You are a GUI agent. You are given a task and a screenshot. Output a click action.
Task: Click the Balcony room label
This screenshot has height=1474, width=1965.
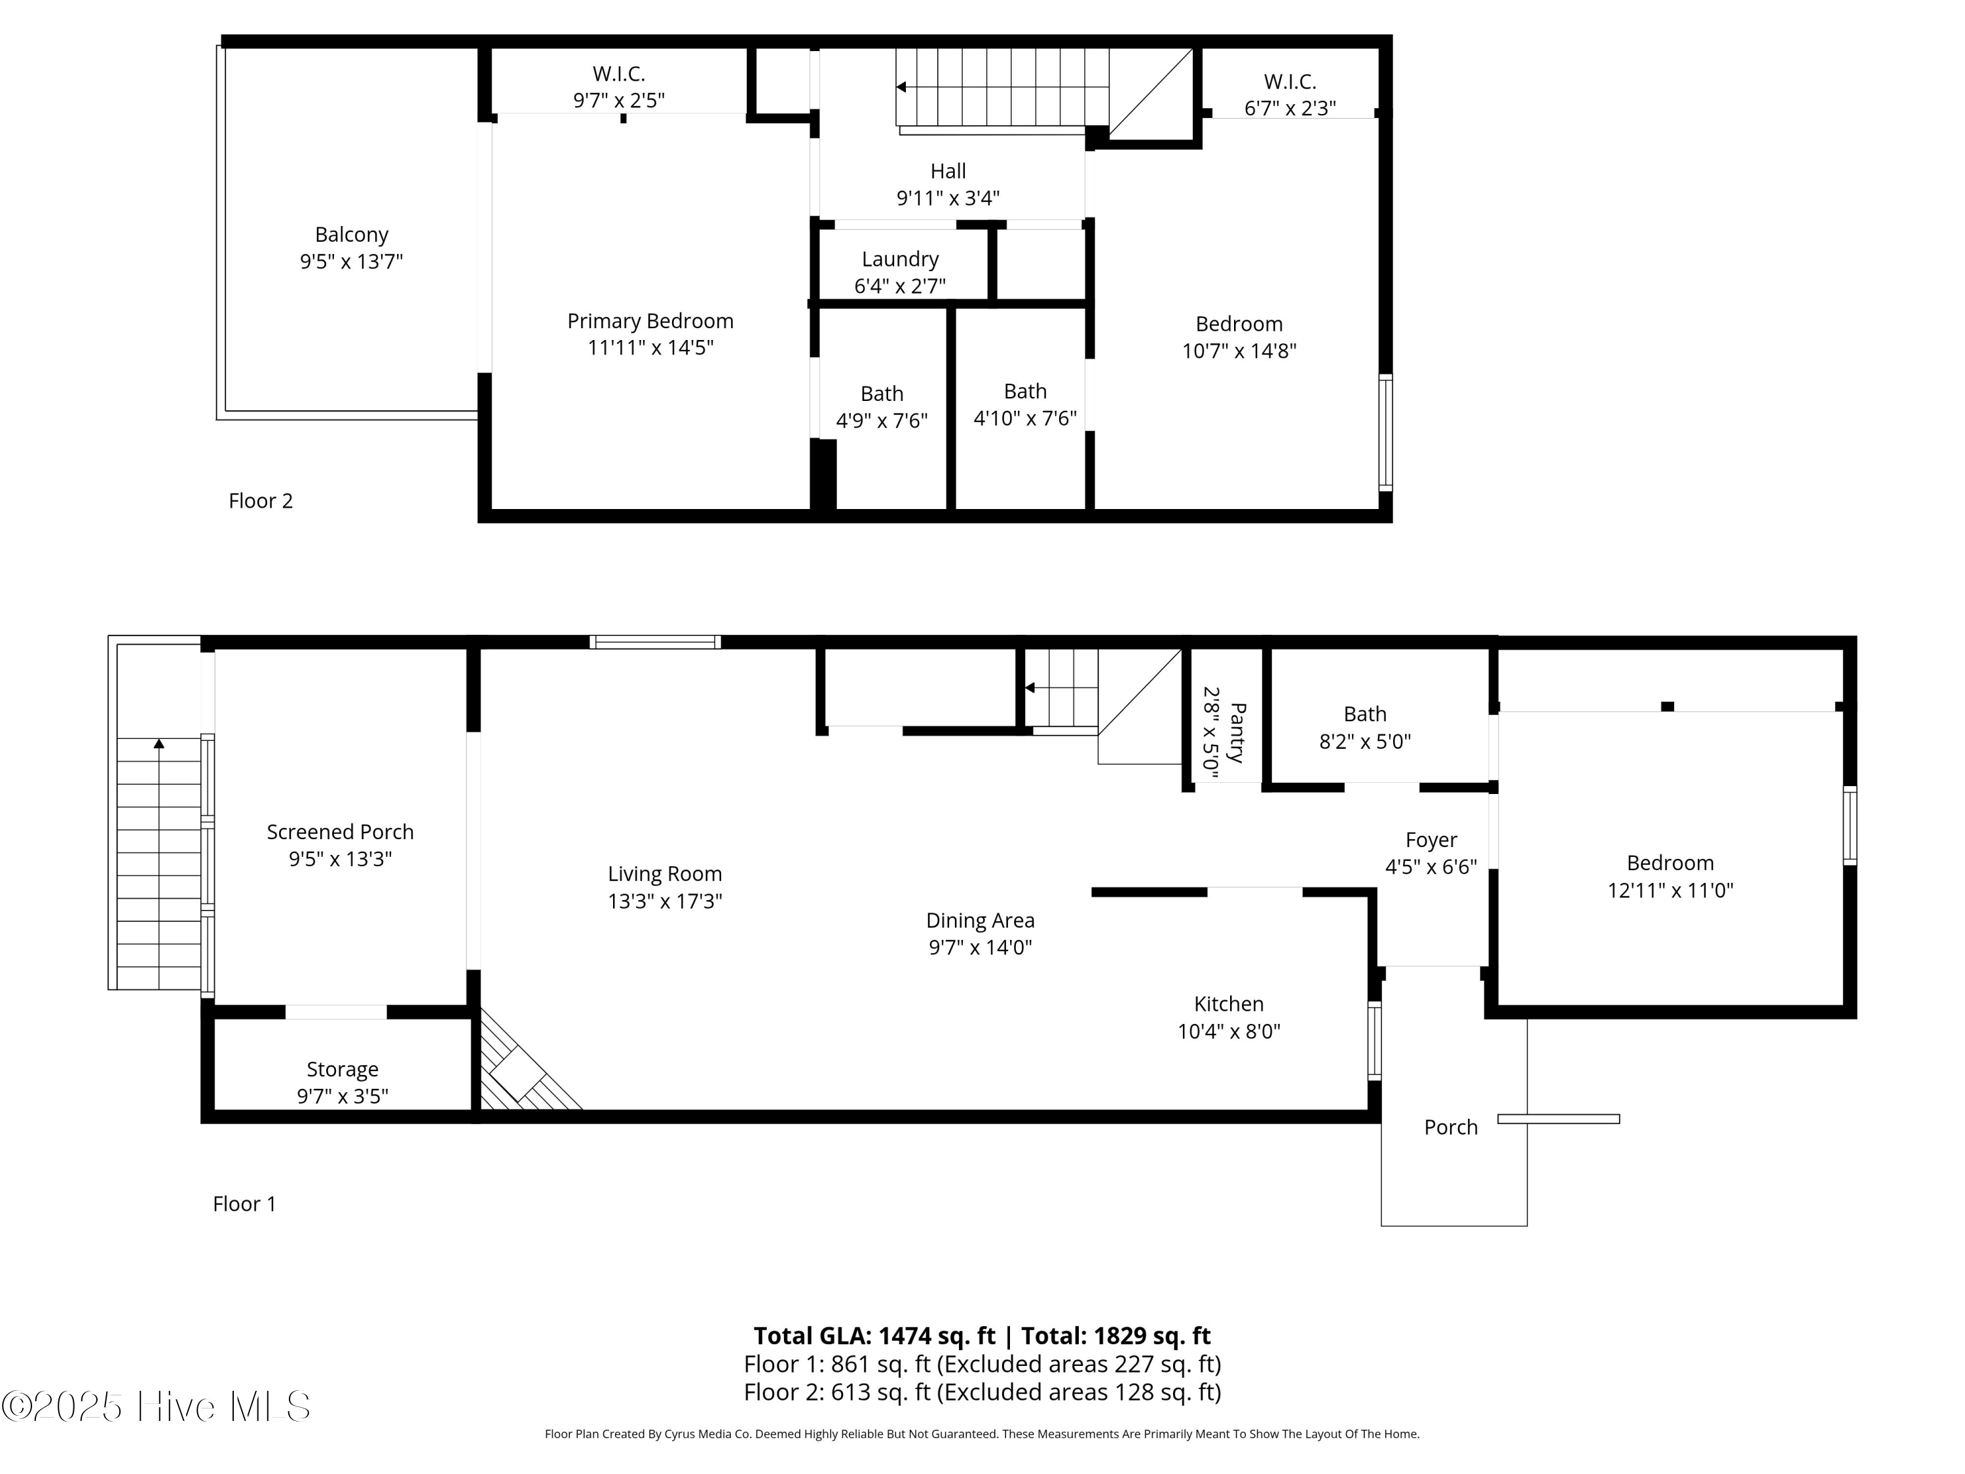tap(351, 235)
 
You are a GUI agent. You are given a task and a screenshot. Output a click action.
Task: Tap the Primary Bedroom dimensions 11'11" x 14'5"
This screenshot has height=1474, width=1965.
tap(650, 347)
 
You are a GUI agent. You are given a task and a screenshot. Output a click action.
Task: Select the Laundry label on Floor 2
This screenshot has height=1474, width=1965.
tap(899, 259)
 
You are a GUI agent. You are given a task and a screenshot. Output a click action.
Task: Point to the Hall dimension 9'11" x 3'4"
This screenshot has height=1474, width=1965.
tap(947, 198)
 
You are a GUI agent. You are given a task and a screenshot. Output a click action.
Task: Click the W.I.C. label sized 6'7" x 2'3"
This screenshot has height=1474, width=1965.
tap(1289, 82)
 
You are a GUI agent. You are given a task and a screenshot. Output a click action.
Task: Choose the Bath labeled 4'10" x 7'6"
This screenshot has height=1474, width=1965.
tap(1024, 392)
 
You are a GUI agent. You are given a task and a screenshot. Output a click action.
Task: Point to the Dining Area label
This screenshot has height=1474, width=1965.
tap(979, 920)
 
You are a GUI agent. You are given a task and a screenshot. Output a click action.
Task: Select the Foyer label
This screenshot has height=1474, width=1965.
tap(1431, 841)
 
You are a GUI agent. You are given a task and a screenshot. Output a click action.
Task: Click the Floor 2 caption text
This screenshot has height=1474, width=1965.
tap(260, 501)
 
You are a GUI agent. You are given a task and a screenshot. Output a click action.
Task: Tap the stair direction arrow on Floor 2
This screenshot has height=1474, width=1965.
tap(901, 87)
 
